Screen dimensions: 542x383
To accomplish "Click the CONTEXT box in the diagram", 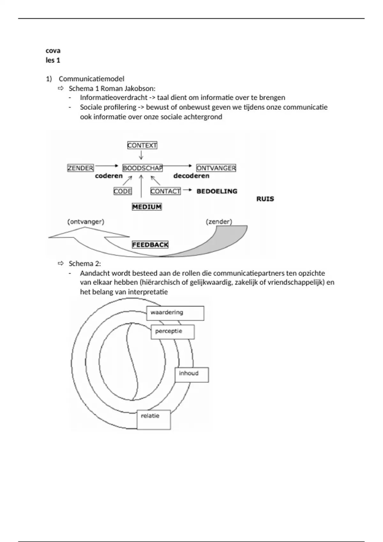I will (x=142, y=145).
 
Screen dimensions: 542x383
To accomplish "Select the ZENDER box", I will (x=80, y=168).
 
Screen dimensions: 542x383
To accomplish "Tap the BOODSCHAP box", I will (x=142, y=168).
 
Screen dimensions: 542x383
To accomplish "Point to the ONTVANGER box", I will (x=216, y=168).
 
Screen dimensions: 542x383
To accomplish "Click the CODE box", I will (x=123, y=191).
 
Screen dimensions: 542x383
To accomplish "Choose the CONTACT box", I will (x=165, y=191).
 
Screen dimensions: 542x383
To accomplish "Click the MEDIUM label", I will (x=147, y=207).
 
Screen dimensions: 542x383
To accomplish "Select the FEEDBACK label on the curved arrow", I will (x=150, y=245).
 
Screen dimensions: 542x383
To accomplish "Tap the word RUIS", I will (x=265, y=199).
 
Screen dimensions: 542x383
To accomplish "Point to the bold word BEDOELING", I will (x=217, y=191).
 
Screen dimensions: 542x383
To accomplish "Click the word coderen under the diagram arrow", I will (x=109, y=176).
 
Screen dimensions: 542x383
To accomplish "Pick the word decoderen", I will (x=191, y=176).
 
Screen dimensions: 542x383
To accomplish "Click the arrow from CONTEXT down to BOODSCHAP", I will (x=141, y=155).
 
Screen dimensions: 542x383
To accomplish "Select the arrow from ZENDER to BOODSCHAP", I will (x=107, y=166).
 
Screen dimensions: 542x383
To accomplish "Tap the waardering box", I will (x=175, y=313).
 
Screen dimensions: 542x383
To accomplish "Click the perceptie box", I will (x=172, y=332).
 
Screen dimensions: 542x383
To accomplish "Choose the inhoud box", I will (x=191, y=375).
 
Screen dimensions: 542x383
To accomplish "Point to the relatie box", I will (x=154, y=419).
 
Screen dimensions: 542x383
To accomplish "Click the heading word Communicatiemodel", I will (x=92, y=79).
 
